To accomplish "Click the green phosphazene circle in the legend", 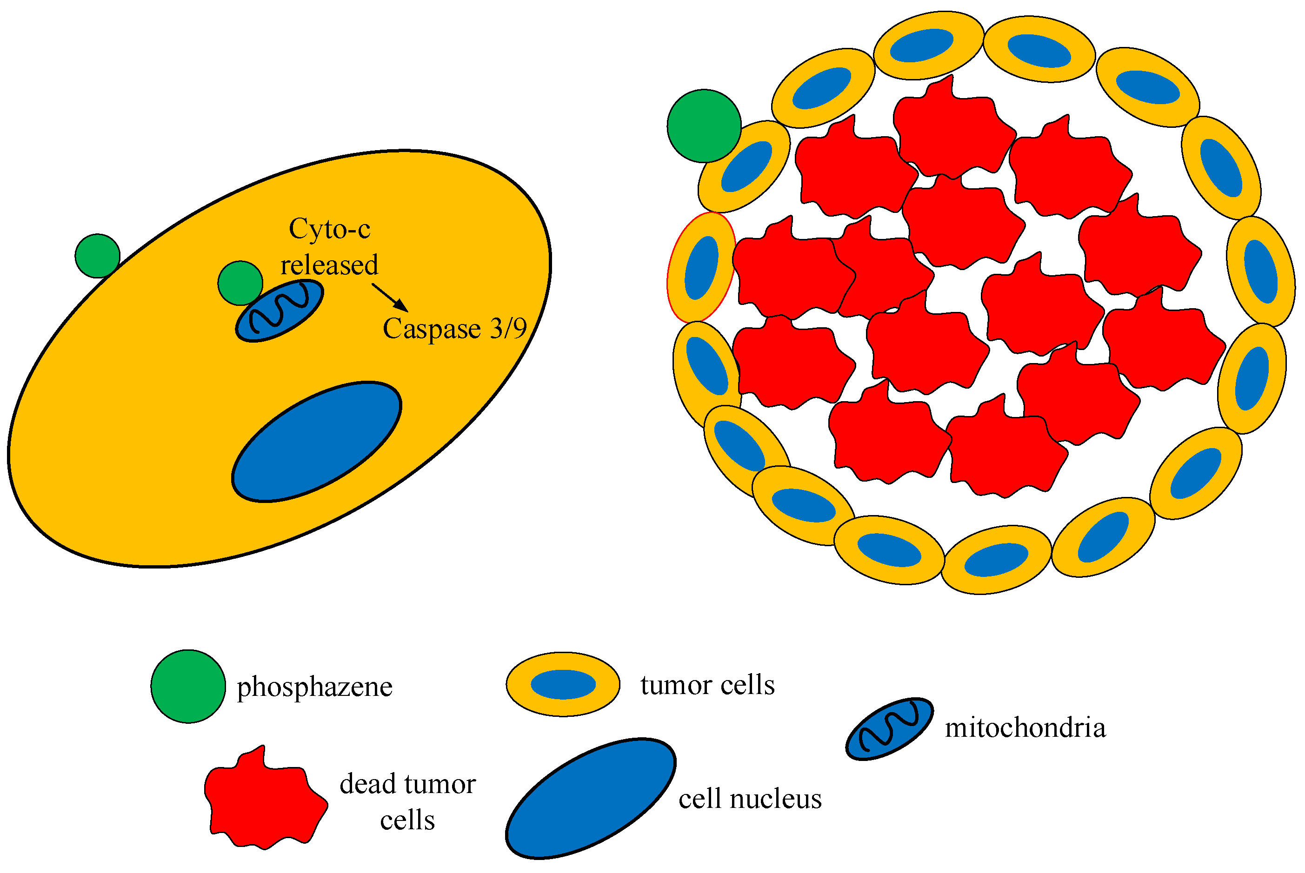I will pos(188,686).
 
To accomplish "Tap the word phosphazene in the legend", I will pos(315,687).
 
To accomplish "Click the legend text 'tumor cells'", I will pos(707,684).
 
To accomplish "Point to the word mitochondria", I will pos(1025,727).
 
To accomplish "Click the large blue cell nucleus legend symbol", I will pos(590,799).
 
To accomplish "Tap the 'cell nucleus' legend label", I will pos(750,799).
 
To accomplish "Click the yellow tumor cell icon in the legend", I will pos(563,684).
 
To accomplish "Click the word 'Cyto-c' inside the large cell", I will pos(329,229).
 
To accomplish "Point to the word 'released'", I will pos(329,265).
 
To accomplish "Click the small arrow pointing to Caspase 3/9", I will pos(390,298).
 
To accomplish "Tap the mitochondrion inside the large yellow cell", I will pos(279,311).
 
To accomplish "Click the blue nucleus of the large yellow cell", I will pos(316,442).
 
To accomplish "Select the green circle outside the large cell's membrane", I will pos(98,256).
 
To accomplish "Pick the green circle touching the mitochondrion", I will pos(240,283).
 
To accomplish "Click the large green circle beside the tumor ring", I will pos(704,126).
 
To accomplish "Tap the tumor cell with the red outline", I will pos(701,267).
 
